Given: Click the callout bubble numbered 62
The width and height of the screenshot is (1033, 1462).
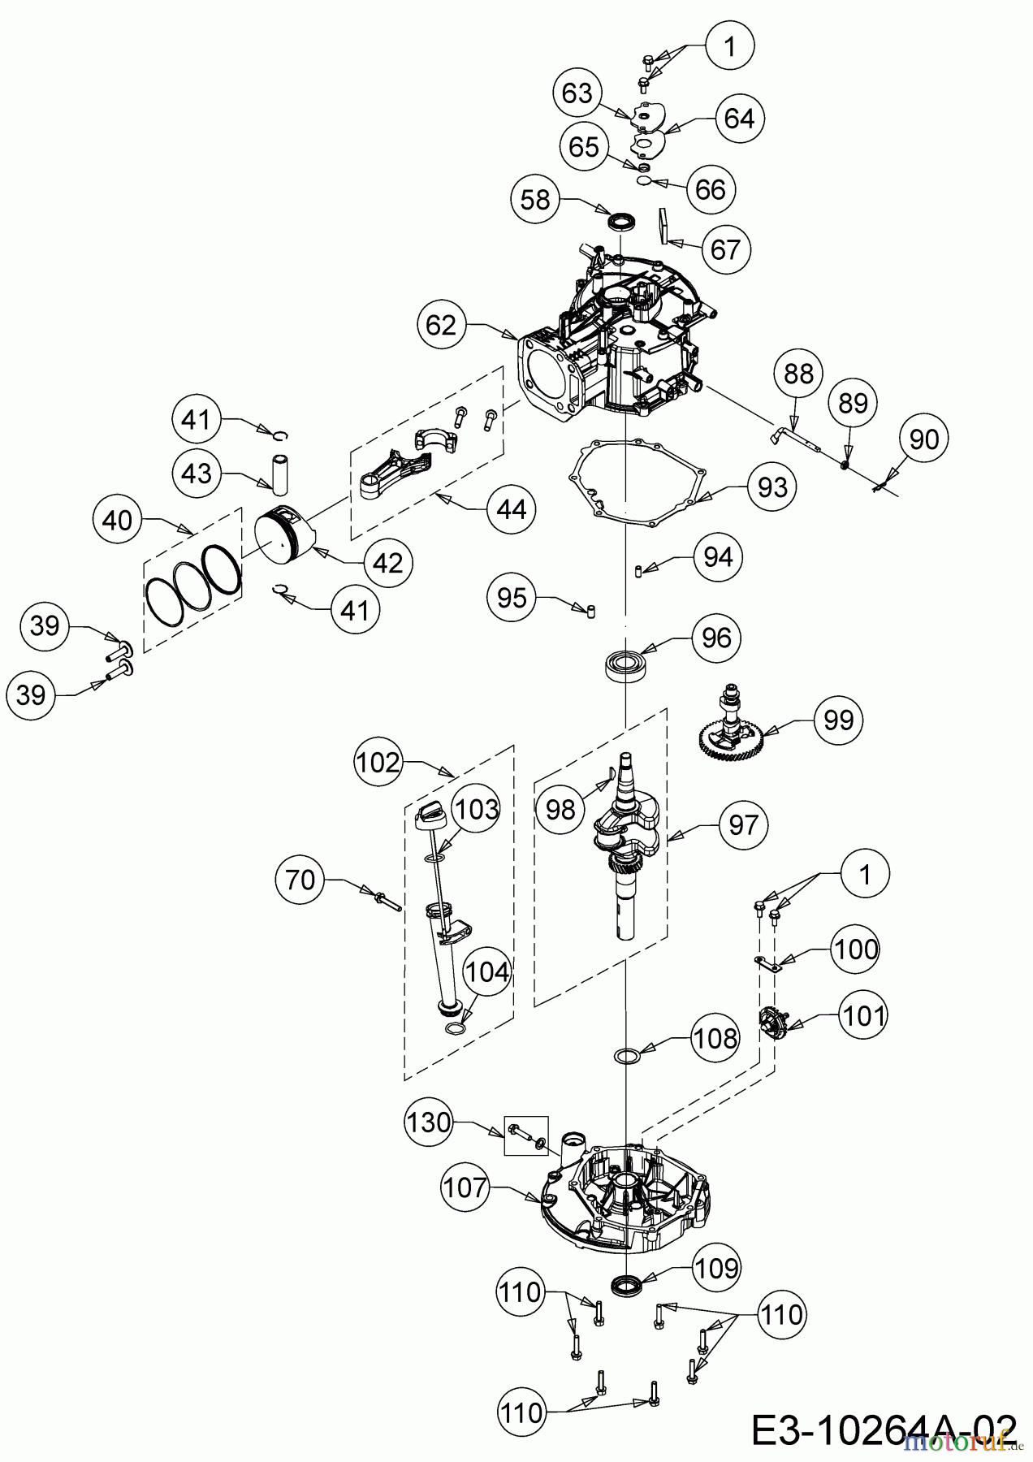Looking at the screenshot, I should point(442,325).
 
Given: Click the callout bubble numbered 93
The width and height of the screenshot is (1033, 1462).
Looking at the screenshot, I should point(772,487).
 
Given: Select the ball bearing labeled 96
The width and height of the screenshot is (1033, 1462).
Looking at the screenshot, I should point(625,665).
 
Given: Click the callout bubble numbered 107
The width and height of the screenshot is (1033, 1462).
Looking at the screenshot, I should point(466,1188).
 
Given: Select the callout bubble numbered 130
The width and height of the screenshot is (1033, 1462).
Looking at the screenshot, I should point(429,1122).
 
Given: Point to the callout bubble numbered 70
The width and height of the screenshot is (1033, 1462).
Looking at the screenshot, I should point(300,880).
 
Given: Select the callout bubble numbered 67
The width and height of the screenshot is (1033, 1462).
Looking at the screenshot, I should point(725,249).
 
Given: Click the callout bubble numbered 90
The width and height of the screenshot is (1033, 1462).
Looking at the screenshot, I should point(924,439).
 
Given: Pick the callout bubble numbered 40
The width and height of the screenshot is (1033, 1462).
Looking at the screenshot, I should point(118,520).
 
